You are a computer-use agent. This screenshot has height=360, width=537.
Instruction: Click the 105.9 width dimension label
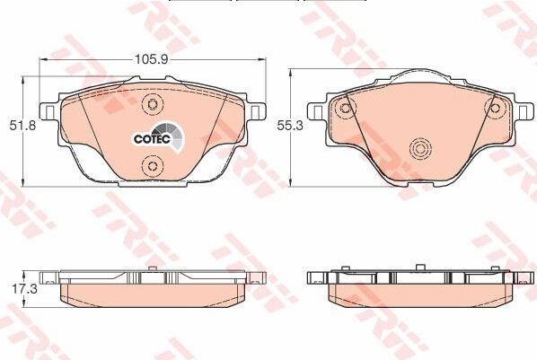[x=151, y=59]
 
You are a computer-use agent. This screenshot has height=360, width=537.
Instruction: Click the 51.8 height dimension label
[x=22, y=125]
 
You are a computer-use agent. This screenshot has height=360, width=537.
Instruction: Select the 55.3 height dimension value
[x=290, y=126]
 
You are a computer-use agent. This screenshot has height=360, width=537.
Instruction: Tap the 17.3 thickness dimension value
[x=24, y=288]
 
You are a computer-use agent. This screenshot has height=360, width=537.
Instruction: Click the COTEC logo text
[x=152, y=139]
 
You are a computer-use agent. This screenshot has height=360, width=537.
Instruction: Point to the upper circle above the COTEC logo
[x=153, y=104]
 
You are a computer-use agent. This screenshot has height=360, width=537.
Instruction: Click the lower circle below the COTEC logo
[x=152, y=166]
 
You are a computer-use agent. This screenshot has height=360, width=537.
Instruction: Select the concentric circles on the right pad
[x=421, y=149]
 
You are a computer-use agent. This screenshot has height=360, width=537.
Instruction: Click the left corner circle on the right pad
[x=345, y=109]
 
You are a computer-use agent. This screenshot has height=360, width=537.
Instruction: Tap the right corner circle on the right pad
[x=495, y=109]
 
